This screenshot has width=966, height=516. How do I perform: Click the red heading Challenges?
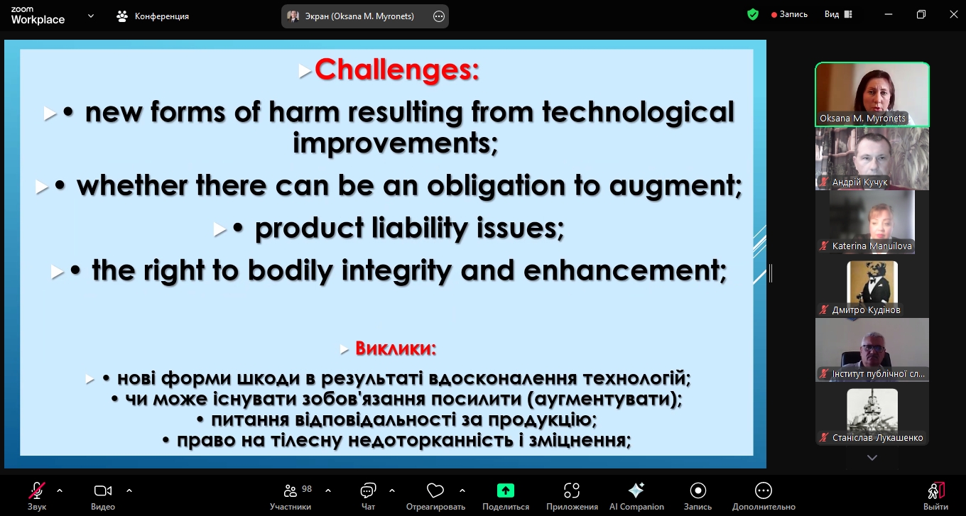point(397,70)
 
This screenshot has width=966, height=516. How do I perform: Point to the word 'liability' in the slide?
point(419,228)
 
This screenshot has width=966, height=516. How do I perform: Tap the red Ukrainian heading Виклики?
point(396,348)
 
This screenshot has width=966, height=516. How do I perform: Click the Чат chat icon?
point(368,490)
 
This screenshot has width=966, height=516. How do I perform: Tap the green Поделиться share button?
point(506,490)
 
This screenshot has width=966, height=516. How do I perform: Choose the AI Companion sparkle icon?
point(636,490)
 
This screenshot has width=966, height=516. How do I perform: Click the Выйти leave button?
point(936,495)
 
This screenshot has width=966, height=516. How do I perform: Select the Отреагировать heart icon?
point(435,490)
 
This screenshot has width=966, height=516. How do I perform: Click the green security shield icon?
point(753,15)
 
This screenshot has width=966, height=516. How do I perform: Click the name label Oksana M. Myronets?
point(862,118)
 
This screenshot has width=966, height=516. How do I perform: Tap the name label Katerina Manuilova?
point(872,246)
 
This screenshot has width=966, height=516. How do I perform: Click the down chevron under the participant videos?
point(872,458)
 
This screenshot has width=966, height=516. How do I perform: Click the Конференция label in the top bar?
point(162,16)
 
